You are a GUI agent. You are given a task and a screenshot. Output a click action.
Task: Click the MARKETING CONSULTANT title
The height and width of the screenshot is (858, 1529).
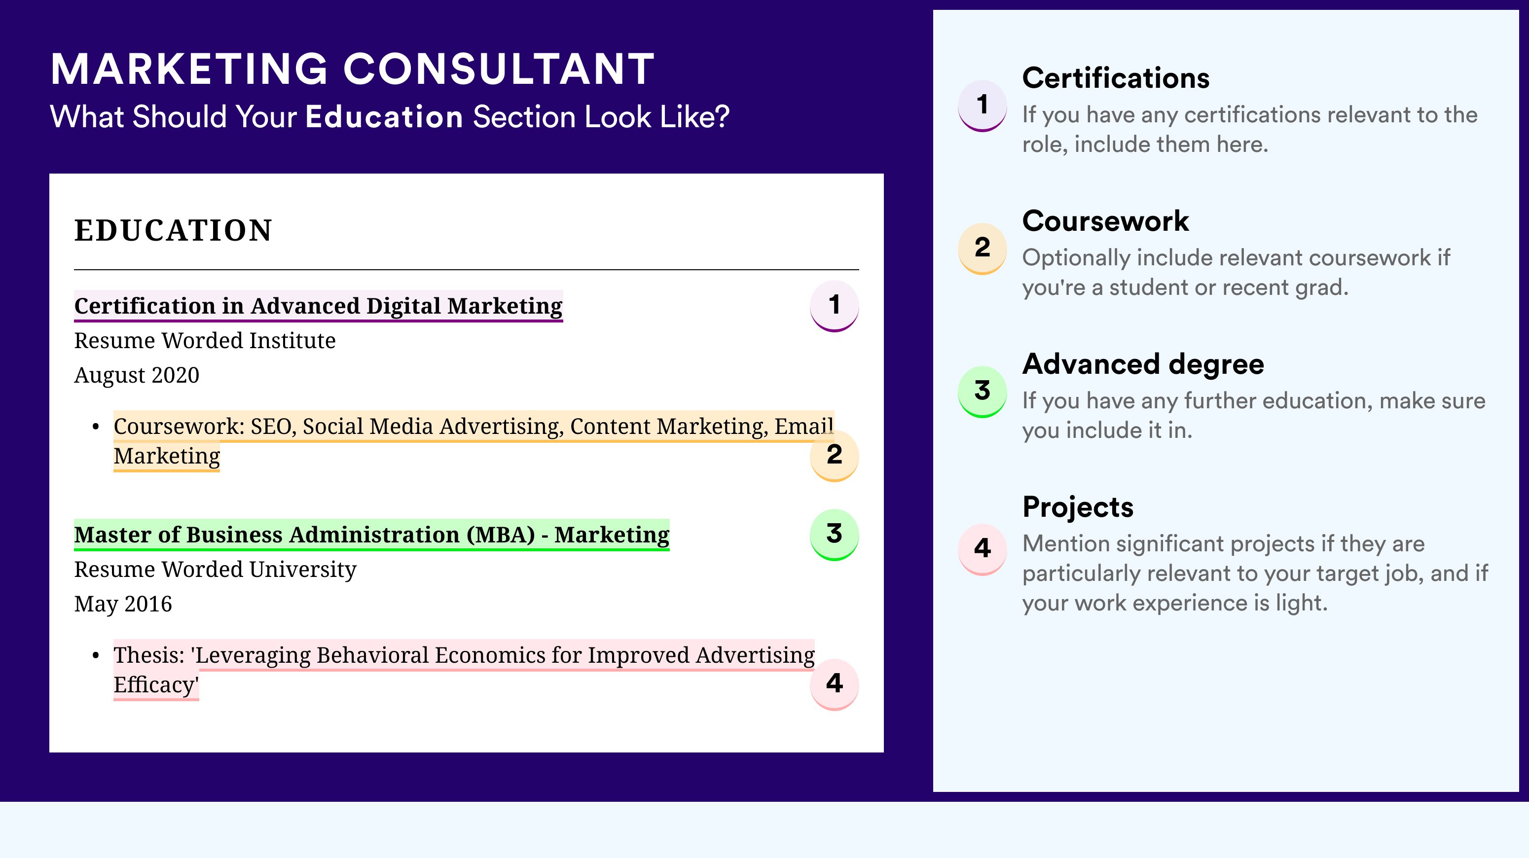coord(353,69)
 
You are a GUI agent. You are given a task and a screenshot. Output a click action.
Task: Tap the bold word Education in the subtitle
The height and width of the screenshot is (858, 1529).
coord(384,116)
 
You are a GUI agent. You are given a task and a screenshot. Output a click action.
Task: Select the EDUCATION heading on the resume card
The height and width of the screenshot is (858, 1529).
coord(173,230)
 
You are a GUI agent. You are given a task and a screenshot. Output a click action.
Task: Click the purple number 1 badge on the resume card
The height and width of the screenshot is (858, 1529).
coord(834,306)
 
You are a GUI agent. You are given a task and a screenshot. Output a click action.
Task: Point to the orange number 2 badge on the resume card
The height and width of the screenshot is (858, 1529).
coord(834,455)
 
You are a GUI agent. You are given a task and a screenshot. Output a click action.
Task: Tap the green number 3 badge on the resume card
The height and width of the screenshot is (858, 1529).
coord(834,535)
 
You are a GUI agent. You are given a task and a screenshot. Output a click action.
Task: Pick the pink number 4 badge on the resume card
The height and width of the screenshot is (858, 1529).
coord(834,684)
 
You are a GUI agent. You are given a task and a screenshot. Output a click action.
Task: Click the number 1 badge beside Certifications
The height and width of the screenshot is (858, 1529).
coord(983,106)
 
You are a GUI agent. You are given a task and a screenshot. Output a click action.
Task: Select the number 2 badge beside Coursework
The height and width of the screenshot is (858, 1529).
coord(983,249)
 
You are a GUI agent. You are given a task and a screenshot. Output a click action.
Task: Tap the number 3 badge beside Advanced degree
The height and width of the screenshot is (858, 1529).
coord(983,392)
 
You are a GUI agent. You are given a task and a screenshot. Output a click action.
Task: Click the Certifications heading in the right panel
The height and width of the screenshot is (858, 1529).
coord(1116,78)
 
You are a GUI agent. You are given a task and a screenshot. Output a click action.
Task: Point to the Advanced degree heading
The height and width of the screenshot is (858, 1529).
coord(1143,364)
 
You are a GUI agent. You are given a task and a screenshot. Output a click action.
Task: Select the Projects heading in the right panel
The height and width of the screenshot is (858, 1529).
coord(1078,507)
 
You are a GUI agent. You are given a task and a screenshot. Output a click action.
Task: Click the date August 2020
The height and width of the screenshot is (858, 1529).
coord(137,375)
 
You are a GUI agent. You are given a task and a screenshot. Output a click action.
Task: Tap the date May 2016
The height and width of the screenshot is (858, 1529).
coord(123,604)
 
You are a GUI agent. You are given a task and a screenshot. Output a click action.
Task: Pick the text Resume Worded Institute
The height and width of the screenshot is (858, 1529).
coord(205,341)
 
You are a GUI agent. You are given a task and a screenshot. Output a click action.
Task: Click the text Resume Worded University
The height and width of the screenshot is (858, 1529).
coord(216,570)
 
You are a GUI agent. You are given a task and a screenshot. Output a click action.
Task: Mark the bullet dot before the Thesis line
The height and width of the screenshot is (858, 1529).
coord(96,656)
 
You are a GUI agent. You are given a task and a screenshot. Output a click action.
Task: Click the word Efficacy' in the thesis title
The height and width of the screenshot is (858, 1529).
coord(156,685)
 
